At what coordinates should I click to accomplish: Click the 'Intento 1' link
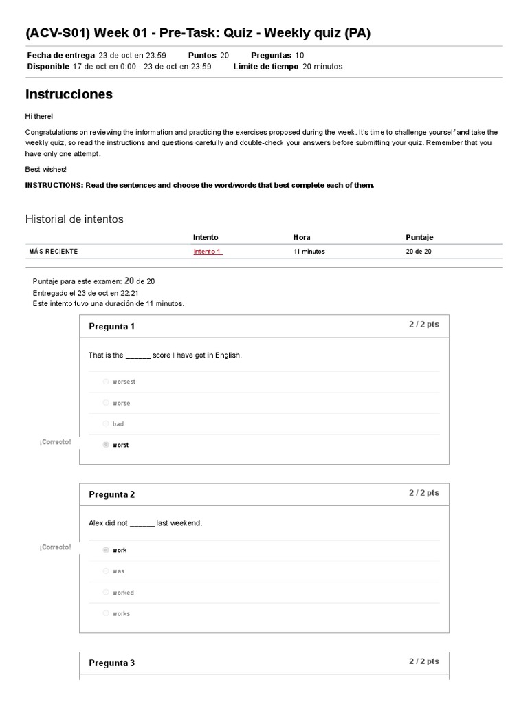[207, 252]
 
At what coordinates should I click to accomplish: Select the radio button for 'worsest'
[106, 382]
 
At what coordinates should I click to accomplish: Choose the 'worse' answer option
[106, 403]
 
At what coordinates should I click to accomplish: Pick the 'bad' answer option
[106, 424]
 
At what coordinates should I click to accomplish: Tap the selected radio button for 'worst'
[106, 445]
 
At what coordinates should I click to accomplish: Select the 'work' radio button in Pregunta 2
[106, 550]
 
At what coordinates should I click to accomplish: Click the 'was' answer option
[106, 571]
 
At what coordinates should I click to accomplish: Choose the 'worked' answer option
[106, 593]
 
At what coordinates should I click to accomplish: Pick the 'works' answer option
[106, 614]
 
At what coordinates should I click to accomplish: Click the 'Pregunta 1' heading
[111, 327]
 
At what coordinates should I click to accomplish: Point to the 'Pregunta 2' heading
[111, 495]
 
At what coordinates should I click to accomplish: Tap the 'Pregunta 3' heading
[111, 663]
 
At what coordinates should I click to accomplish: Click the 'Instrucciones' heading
[69, 94]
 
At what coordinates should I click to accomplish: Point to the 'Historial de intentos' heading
[74, 219]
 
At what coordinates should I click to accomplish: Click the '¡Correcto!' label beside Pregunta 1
[55, 442]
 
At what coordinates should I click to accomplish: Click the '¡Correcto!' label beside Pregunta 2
[55, 547]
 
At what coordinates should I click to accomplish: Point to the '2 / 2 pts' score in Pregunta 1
[423, 324]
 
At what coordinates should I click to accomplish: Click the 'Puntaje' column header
[419, 238]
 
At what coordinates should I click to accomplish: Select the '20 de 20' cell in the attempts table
[419, 252]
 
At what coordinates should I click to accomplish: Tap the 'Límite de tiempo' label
[265, 67]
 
